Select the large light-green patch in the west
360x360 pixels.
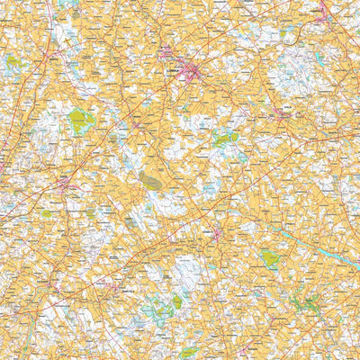pos(81,121)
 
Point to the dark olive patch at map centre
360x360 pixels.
pos(150,180)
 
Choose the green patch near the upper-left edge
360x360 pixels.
pos(13,63)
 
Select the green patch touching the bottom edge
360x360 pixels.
pos(191,353)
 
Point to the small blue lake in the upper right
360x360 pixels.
pos(318,59)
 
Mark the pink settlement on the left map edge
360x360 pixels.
pos(4,166)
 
